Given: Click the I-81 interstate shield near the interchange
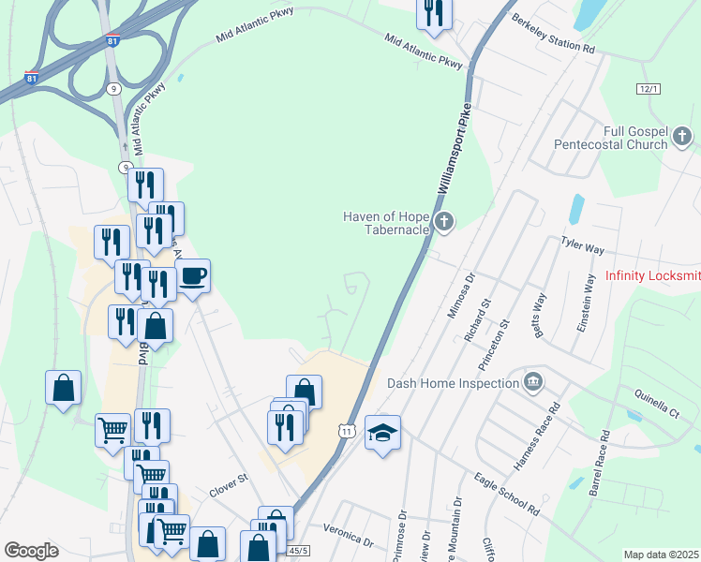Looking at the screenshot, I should coord(112,41).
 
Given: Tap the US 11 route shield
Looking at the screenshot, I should coord(347,430).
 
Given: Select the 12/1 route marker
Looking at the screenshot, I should coord(648,88).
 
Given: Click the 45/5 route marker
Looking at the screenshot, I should coord(299,551).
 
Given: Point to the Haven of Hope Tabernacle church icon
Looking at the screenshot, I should coord(444,223).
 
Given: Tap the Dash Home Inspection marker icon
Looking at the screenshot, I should coord(533,382).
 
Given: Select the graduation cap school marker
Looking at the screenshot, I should coord(382,433).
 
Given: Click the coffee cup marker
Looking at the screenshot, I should coord(193,276).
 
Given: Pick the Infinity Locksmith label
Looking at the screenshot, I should coord(652,275).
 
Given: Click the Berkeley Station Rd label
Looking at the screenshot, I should coord(553,33).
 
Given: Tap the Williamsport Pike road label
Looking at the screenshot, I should coord(452,148).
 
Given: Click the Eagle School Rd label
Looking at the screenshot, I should coord(506,495).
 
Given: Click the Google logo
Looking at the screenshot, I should coord(31,551).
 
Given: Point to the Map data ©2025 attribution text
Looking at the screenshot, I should coord(661,555).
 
